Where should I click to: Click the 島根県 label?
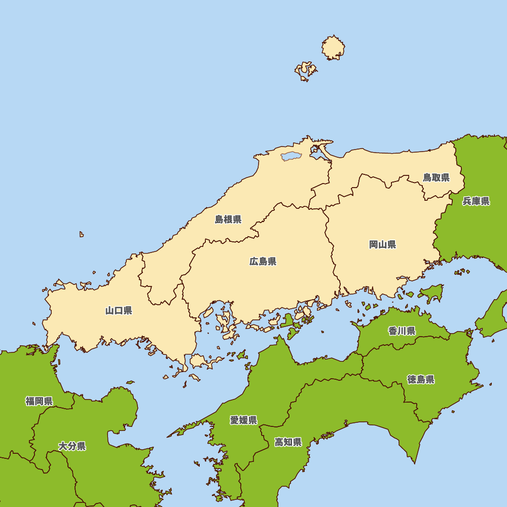(228, 220)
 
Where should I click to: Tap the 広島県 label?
(263, 262)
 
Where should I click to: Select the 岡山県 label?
(382, 245)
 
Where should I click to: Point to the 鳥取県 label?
(436, 177)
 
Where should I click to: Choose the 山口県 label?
(119, 311)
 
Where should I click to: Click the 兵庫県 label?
(476, 201)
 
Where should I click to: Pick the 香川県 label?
(402, 331)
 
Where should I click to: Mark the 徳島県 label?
(421, 380)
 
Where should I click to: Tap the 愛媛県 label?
(243, 420)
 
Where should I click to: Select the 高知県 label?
(288, 442)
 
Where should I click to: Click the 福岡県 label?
(39, 402)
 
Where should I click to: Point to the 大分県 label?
(72, 446)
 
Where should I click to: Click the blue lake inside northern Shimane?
(291, 157)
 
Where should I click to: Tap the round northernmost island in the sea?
(334, 48)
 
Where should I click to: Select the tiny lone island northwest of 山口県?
(81, 234)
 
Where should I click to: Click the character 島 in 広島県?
(263, 262)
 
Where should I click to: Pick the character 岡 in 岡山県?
(374, 245)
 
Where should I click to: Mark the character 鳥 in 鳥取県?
(427, 177)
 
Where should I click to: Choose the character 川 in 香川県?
(402, 331)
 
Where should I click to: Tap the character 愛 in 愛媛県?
(235, 420)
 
